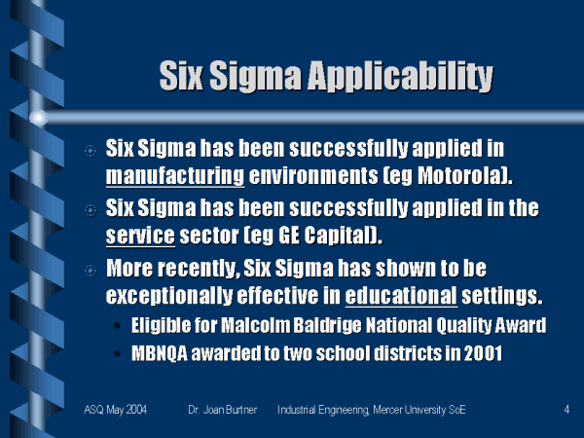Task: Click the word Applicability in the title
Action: tap(400, 77)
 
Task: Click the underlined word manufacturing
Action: tap(175, 175)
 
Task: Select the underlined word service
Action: tap(140, 236)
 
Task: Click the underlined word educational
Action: tap(401, 295)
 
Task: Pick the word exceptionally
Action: tap(169, 296)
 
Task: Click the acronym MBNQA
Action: tap(160, 353)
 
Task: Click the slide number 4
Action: tap(566, 410)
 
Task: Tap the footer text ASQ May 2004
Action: tap(115, 410)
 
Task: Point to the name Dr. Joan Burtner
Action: tap(222, 410)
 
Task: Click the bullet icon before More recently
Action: tap(91, 271)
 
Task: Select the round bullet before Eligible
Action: tap(117, 326)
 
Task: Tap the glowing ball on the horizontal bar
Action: tap(38, 118)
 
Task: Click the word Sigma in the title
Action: tap(255, 76)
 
